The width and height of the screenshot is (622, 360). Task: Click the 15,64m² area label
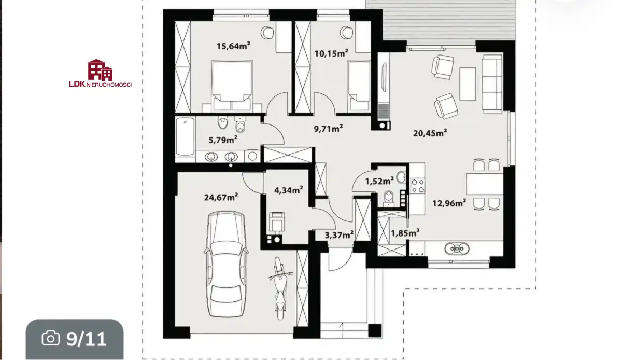click(233, 46)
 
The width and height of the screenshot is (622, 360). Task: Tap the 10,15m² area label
click(331, 53)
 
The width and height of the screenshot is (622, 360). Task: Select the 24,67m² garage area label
click(221, 197)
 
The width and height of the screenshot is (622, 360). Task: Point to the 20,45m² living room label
click(430, 133)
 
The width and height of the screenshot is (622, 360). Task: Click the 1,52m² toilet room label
click(379, 181)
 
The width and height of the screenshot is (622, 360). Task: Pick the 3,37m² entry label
click(339, 235)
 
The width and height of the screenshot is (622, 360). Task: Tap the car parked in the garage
click(226, 264)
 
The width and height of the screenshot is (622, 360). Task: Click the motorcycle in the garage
click(280, 288)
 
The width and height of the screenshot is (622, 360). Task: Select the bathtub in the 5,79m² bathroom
click(185, 137)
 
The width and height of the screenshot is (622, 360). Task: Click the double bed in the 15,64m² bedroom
click(232, 86)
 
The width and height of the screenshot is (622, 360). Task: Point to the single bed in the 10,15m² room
click(359, 86)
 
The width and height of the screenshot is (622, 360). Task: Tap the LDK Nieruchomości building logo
click(100, 70)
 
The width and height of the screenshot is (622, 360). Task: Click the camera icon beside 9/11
click(51, 338)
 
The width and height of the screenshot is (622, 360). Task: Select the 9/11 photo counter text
click(87, 339)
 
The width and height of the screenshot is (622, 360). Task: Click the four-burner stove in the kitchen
click(418, 186)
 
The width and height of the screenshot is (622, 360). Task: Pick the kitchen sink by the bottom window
click(457, 248)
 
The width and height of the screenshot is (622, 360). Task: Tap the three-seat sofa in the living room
click(492, 84)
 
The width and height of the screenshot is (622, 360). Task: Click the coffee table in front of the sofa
click(468, 84)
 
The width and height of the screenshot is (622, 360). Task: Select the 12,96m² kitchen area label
click(449, 203)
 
